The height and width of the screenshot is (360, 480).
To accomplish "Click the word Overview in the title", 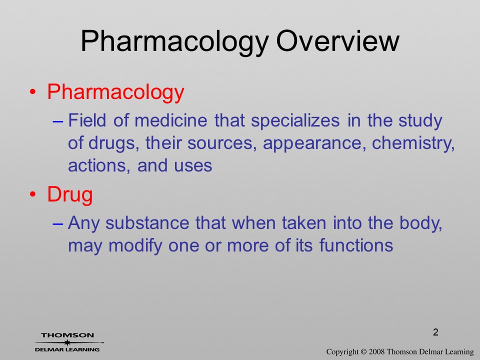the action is coord(337,41).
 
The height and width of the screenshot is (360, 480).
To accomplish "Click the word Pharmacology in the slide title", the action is coord(175,43).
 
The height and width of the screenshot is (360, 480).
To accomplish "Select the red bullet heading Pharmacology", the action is coord(115,92).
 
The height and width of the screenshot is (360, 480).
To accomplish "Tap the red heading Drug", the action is coord(70,195).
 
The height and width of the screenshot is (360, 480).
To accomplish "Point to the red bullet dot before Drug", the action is coord(33,194).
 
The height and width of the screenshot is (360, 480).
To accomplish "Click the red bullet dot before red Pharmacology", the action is coord(33,91).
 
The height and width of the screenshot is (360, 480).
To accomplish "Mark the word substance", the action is coord(147,222).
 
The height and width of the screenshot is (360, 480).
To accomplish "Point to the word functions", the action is coord(356,245).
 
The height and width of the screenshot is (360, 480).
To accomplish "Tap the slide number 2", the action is coord(435,332).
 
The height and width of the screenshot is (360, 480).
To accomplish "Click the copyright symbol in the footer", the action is coord(363,352).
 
